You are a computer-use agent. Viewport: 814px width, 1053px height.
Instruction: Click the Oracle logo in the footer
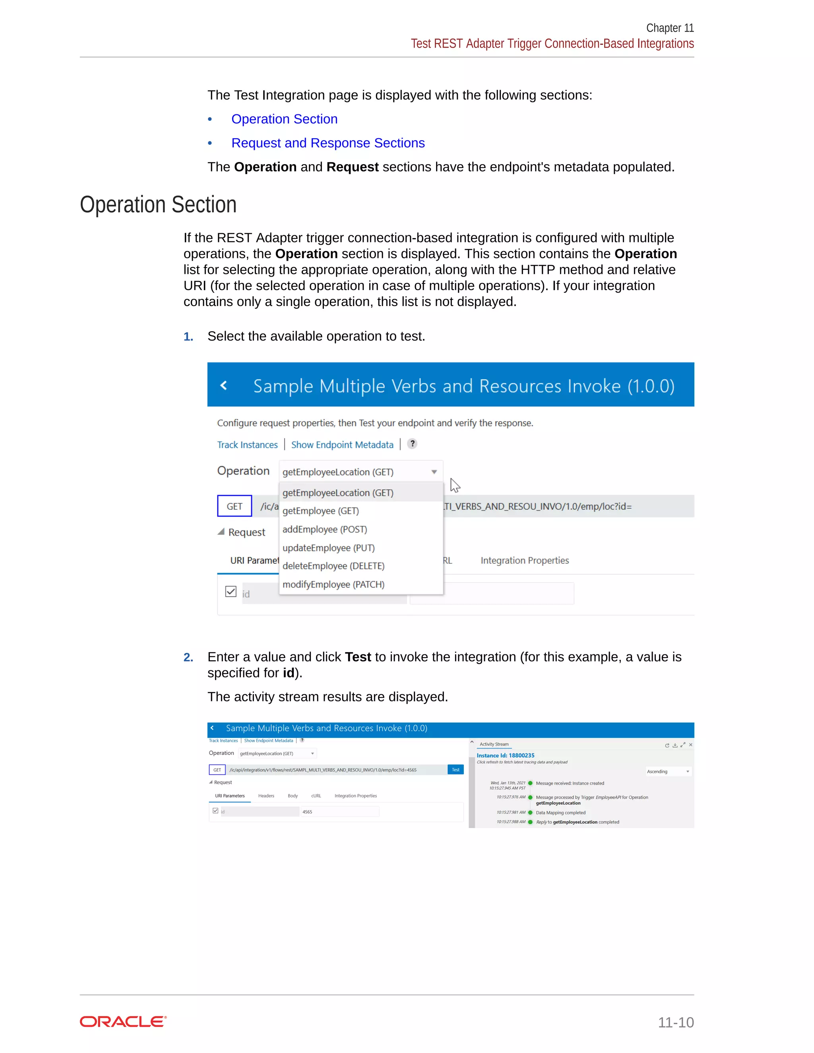tap(123, 1022)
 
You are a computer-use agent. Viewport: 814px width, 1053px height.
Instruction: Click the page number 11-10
tap(676, 1022)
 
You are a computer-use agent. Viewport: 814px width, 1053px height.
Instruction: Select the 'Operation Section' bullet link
tap(284, 119)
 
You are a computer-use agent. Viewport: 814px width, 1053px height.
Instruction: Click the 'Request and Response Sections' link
tap(328, 143)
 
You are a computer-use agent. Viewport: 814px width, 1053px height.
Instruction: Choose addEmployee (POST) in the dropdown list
tap(325, 529)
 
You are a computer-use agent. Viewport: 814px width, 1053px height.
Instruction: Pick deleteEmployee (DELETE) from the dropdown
tap(333, 566)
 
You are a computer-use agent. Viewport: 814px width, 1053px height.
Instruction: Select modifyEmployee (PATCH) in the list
tap(333, 585)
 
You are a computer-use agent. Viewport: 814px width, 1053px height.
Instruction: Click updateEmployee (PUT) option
tap(328, 548)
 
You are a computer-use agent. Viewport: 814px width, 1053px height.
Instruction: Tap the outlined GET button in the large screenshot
tap(235, 506)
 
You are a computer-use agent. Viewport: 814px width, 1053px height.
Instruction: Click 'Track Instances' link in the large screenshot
tap(247, 445)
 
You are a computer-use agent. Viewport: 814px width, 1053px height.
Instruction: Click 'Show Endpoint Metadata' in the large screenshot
tap(342, 445)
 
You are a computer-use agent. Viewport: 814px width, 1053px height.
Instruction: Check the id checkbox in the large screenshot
tap(231, 592)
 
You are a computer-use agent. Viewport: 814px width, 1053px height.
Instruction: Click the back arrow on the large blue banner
tap(223, 385)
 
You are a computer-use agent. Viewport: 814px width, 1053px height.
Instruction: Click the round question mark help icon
tap(412, 443)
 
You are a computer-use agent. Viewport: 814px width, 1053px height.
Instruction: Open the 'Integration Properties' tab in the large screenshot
tap(525, 560)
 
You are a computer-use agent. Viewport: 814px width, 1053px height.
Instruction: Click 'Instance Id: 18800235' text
tap(506, 755)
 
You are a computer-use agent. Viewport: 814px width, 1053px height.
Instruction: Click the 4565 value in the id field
tap(307, 812)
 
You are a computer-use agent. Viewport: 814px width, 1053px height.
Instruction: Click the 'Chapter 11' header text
tap(669, 28)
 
